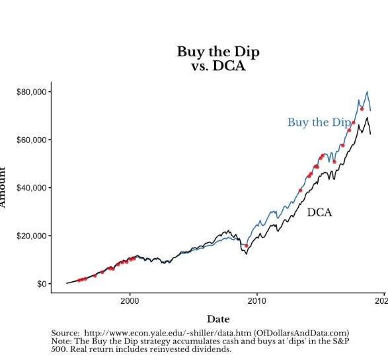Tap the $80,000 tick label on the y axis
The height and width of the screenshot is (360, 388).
(x=31, y=91)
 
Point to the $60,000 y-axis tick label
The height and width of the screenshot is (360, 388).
(x=31, y=140)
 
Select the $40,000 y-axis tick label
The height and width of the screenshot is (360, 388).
(x=31, y=188)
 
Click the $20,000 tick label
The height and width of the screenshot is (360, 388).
(x=31, y=236)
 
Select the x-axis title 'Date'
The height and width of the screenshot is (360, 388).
(x=218, y=320)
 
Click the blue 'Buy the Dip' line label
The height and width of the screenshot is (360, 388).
(x=319, y=122)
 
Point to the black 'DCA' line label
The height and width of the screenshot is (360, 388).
(x=319, y=212)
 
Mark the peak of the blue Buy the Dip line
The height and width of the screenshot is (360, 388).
(x=367, y=92)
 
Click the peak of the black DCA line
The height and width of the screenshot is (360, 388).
(x=367, y=118)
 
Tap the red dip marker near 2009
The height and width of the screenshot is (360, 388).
(x=247, y=246)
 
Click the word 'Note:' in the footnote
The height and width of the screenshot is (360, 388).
(x=62, y=341)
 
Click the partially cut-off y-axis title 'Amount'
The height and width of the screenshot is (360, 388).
(x=3, y=188)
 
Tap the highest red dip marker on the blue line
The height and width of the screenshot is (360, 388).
(x=362, y=109)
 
